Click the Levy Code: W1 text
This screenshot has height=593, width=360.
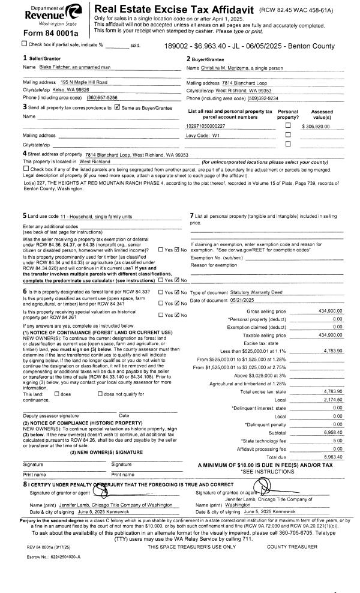pyautogui.click(x=202, y=135)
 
